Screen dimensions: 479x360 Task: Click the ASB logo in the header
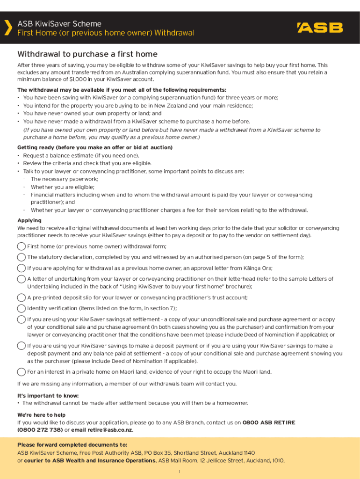(x=320, y=28)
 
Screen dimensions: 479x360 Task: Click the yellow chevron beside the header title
(x=8, y=28)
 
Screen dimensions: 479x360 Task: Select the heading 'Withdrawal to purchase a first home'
(x=87, y=54)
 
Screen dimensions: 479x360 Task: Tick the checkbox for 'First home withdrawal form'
(x=22, y=247)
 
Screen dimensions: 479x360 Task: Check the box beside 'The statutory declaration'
(x=22, y=257)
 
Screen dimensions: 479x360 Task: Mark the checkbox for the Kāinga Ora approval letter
(x=22, y=268)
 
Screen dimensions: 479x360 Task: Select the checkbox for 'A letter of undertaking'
(x=22, y=279)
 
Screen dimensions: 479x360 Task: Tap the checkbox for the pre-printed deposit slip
(x=22, y=298)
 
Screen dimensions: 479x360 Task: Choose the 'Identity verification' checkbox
(x=22, y=308)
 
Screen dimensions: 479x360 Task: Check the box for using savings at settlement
(x=22, y=319)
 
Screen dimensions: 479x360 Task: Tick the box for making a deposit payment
(x=22, y=346)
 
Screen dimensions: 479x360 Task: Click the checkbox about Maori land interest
(x=22, y=372)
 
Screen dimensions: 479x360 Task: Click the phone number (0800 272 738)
(x=40, y=430)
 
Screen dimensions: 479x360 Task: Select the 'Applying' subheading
(x=29, y=220)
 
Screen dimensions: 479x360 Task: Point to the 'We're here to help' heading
(x=42, y=415)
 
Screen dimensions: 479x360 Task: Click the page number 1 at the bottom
(x=180, y=471)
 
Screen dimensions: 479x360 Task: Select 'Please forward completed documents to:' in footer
(x=72, y=445)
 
